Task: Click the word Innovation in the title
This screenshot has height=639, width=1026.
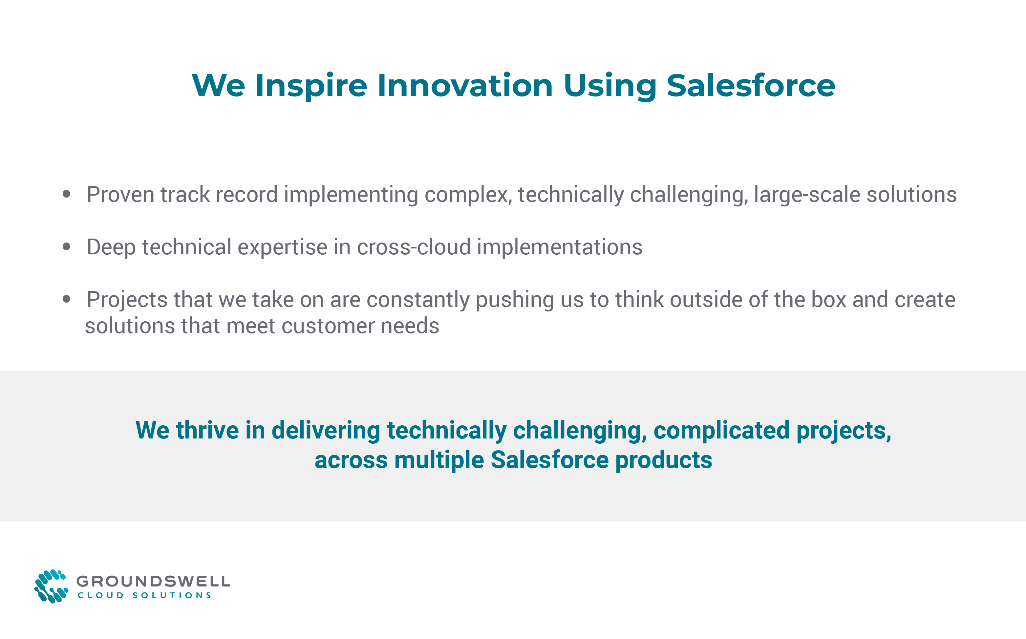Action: [465, 86]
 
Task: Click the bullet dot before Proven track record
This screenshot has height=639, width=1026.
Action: [66, 194]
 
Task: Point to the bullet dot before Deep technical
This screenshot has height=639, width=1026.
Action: [66, 246]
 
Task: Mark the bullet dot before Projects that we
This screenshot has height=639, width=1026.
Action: [66, 299]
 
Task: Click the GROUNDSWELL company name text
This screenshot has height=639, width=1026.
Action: [153, 581]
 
